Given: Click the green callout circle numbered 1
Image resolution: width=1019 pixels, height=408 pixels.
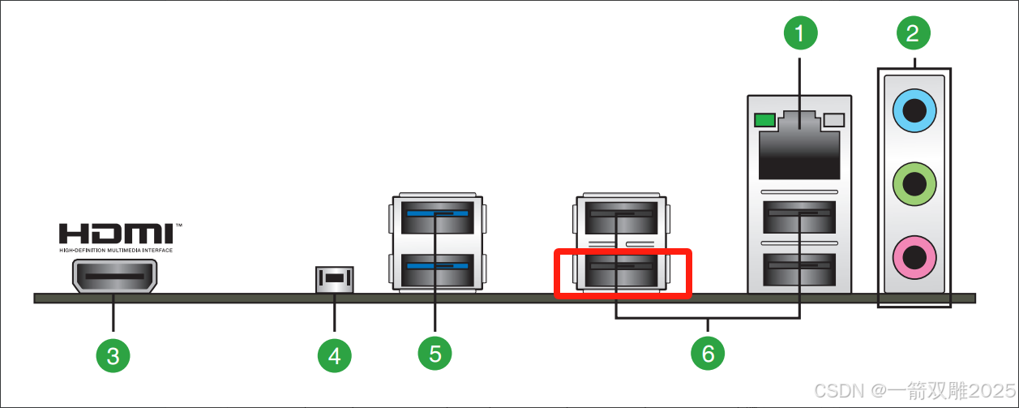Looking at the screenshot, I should pyautogui.click(x=800, y=33).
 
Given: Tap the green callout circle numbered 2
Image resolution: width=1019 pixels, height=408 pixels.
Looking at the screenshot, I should pyautogui.click(x=913, y=33).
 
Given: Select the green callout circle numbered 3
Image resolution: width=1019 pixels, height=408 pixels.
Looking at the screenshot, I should pyautogui.click(x=113, y=354).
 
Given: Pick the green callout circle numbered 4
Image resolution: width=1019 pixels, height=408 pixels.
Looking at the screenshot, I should pyautogui.click(x=334, y=354).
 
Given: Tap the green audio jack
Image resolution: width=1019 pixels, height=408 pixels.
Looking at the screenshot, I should pyautogui.click(x=914, y=183).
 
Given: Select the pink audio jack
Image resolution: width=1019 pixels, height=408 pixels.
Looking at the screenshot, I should pyautogui.click(x=914, y=258).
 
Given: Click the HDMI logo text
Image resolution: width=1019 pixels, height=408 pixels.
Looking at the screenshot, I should pyautogui.click(x=116, y=234).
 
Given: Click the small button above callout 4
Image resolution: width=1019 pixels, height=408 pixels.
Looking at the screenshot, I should pyautogui.click(x=334, y=279).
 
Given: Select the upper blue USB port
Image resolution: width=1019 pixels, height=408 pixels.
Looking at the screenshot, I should pyautogui.click(x=437, y=217).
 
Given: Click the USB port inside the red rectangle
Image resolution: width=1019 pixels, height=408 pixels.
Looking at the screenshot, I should pyautogui.click(x=622, y=271).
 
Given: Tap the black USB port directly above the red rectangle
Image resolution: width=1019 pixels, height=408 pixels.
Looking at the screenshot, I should pyautogui.click(x=622, y=218).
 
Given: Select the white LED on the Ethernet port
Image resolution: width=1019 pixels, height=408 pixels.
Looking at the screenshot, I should pyautogui.click(x=834, y=121).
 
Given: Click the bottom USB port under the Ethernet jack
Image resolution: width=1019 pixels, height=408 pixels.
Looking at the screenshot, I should pyautogui.click(x=800, y=269).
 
